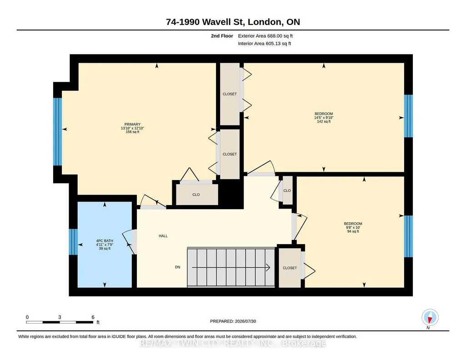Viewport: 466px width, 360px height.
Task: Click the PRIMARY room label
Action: click(x=132, y=124)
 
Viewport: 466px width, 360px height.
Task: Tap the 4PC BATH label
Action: click(x=105, y=241)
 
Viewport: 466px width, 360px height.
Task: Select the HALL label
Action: click(x=163, y=236)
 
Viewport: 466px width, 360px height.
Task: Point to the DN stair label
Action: click(x=177, y=267)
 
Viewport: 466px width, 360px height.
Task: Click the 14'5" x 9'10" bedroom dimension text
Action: click(x=324, y=118)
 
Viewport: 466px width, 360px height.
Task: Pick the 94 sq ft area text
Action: click(x=353, y=231)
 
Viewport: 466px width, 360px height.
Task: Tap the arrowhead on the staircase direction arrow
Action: click(x=268, y=268)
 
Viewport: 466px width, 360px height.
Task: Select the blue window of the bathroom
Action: click(x=73, y=242)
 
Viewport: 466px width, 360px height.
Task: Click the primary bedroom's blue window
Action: click(x=57, y=131)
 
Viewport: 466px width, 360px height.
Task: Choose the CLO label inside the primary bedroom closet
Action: click(x=196, y=195)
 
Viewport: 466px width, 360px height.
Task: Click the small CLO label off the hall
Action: click(x=287, y=191)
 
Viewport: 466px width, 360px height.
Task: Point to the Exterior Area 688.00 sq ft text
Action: click(x=266, y=36)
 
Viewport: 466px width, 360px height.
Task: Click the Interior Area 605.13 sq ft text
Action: click(x=265, y=43)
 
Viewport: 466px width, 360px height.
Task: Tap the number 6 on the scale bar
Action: click(x=93, y=317)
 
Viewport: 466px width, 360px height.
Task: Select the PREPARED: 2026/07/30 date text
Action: click(x=233, y=321)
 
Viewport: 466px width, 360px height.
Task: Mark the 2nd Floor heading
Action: click(x=222, y=36)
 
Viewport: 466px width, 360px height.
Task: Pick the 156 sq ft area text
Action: click(x=132, y=132)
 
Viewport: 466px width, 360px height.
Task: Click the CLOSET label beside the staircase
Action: click(x=290, y=268)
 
